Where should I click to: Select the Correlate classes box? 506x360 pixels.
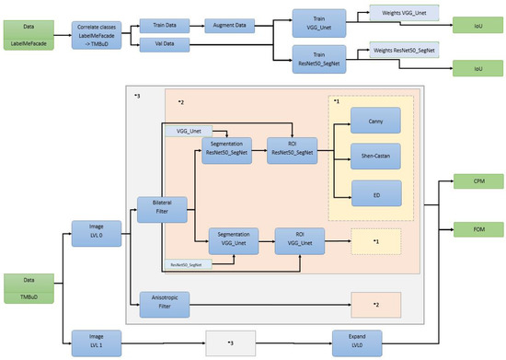[x=97, y=30]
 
